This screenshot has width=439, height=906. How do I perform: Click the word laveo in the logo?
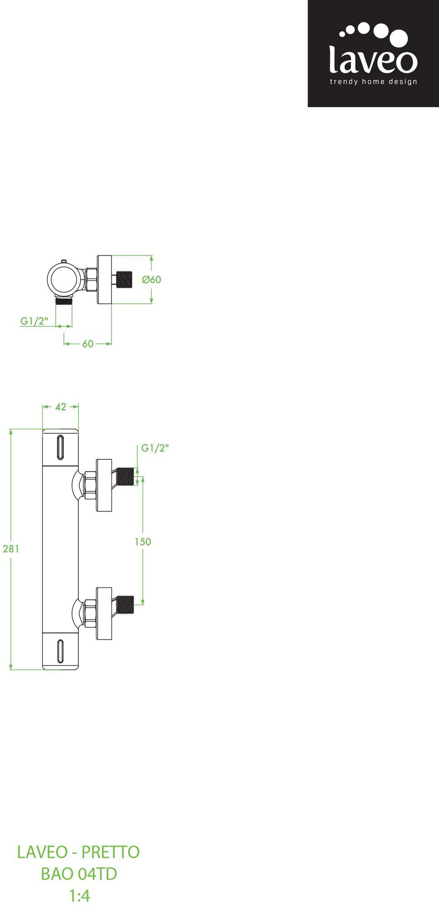point(373,59)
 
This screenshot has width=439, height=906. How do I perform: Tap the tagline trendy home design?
point(373,82)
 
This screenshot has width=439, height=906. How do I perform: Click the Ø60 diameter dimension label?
point(151,280)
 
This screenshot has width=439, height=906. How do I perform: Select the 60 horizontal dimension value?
point(88,344)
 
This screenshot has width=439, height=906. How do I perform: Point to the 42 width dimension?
point(61,407)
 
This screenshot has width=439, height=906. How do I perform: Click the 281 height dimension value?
point(11,549)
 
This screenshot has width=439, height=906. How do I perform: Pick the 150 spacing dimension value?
point(143,542)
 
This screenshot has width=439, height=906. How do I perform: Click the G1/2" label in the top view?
point(34,321)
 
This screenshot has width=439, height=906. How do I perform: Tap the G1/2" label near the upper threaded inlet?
point(155,448)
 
